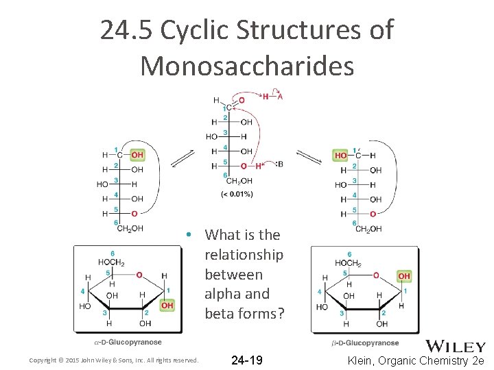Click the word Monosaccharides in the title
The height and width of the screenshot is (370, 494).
coord(247,66)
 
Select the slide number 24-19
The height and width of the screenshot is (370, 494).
coord(247,360)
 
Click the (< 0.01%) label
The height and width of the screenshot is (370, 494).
coord(237,194)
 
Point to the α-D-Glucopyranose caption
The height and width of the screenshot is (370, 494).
coord(128,342)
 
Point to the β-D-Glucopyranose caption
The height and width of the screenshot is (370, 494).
coord(365,343)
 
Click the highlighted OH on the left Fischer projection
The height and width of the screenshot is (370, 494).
coord(137,155)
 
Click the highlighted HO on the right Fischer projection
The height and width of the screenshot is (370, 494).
coord(341,156)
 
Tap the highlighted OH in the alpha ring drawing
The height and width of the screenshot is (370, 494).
coord(167,306)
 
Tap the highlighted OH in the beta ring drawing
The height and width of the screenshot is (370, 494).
coord(404,275)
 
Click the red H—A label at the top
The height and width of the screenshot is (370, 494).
coord(272,97)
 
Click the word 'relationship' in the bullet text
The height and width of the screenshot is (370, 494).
coord(244,255)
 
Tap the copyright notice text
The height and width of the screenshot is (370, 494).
coord(114,360)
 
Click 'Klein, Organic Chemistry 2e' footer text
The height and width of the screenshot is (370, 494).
coord(416,360)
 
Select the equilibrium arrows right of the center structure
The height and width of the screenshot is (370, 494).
coord(310,158)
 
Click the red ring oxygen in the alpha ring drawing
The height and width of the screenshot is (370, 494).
coord(139,275)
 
